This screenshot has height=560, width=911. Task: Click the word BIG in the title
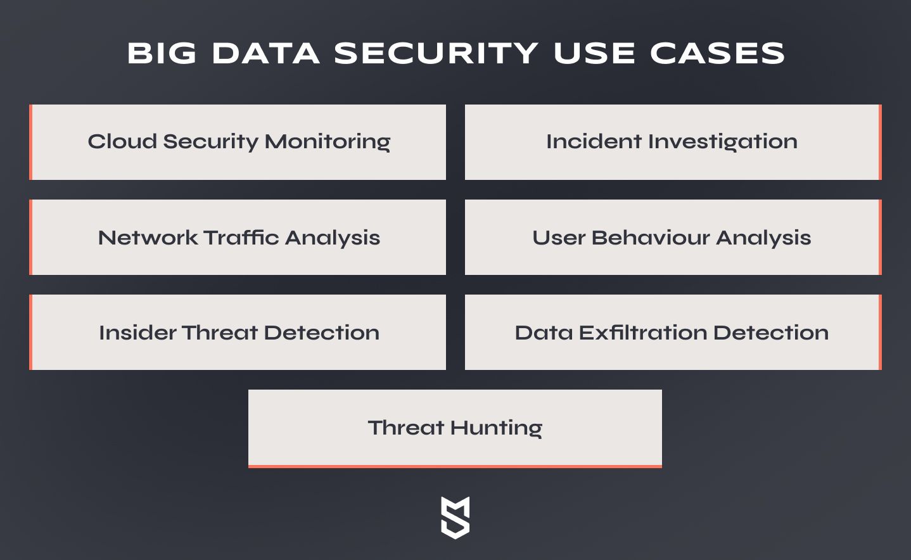tap(162, 53)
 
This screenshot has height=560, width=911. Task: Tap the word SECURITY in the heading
tap(436, 53)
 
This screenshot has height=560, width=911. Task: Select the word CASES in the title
tap(717, 53)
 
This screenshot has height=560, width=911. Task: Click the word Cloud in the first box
tap(122, 141)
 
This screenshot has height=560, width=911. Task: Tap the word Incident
tap(594, 141)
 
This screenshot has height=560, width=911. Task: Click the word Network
tap(148, 238)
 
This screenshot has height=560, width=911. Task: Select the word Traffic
tap(241, 237)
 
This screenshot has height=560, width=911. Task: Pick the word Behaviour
tap(651, 238)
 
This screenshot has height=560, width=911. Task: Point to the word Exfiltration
tap(643, 332)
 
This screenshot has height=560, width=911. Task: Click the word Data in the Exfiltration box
tap(544, 333)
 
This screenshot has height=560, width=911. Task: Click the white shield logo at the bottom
tap(455, 518)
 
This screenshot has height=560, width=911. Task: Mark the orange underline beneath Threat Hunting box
tap(455, 466)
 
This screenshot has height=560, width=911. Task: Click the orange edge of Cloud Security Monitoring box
tap(30, 142)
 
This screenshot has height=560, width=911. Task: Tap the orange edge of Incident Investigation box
tap(880, 142)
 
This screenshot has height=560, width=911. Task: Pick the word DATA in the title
tap(266, 53)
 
